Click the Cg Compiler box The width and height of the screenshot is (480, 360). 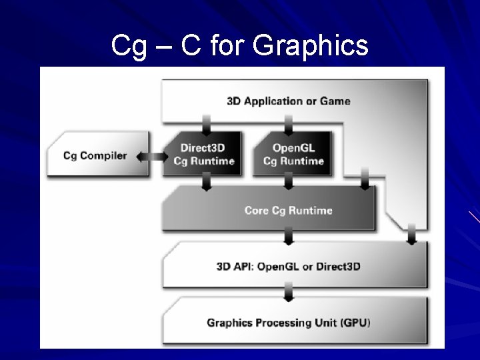(95, 155)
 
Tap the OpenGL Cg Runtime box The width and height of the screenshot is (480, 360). (293, 154)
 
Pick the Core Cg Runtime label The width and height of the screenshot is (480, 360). (288, 211)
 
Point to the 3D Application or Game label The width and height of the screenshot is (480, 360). (289, 101)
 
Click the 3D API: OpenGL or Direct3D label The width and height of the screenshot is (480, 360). (289, 267)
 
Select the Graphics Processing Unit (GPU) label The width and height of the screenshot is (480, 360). (289, 323)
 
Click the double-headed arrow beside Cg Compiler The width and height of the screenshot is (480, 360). (151, 156)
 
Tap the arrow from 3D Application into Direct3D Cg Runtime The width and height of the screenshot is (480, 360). (207, 124)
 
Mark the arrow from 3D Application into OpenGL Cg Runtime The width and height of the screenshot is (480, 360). (289, 124)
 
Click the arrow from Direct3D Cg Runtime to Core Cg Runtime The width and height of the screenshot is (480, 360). (207, 182)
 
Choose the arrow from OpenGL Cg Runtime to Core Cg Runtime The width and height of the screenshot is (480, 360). (289, 182)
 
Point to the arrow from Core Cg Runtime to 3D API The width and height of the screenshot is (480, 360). (289, 236)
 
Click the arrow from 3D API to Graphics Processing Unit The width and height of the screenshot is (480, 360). (289, 291)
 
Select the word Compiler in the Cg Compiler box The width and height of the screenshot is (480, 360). (104, 156)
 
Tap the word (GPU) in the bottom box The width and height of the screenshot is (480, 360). (355, 323)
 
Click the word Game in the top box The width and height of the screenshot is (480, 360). (336, 101)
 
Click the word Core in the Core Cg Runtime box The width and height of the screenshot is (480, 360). (257, 211)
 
